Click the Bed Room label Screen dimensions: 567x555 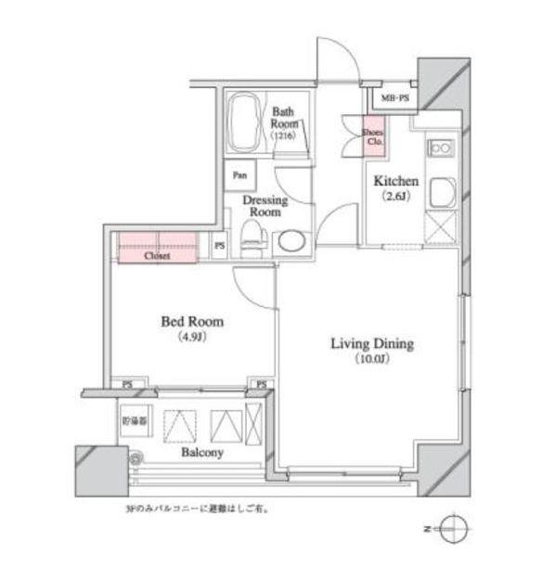pos(192,322)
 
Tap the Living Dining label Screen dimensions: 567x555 pos(372,343)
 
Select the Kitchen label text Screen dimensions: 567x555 pos(397,181)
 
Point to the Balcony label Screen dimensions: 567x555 pos(201,453)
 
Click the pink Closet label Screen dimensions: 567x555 pos(156,255)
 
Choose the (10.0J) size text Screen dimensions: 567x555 pos(373,359)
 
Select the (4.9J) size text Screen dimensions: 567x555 pos(192,337)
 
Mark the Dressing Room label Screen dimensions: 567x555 pos(265,206)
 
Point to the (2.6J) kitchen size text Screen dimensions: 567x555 pos(397,197)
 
